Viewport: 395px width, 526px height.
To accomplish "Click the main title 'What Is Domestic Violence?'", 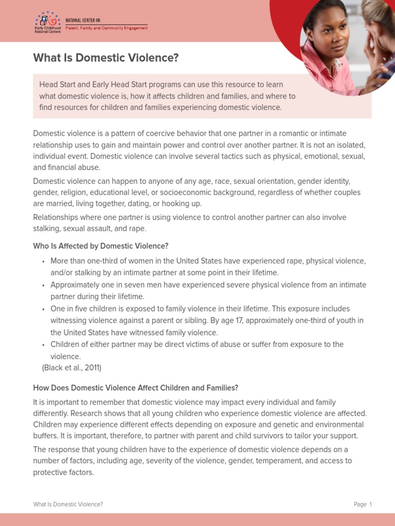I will (x=105, y=58).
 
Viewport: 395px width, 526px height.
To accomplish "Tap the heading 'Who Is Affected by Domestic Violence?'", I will (x=101, y=246).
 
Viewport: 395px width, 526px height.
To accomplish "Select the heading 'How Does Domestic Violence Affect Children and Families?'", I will (x=136, y=388).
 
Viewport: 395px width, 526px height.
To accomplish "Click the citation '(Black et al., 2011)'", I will (x=71, y=368).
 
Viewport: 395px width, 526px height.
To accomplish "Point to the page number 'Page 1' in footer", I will (x=363, y=504).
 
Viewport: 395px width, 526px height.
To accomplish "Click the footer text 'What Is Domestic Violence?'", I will (x=68, y=504).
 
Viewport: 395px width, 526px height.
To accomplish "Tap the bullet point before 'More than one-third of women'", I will (x=44, y=261).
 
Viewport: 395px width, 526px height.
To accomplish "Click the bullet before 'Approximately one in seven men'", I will (x=44, y=285).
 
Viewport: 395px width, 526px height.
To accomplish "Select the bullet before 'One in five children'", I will (x=44, y=309).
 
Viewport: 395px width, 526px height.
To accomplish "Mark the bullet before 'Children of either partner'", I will (x=44, y=345).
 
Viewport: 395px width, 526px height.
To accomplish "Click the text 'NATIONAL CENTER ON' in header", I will (x=83, y=20).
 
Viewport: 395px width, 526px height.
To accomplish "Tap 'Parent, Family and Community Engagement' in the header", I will (x=106, y=28).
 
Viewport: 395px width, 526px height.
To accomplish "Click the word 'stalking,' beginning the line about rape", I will (x=48, y=229).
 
